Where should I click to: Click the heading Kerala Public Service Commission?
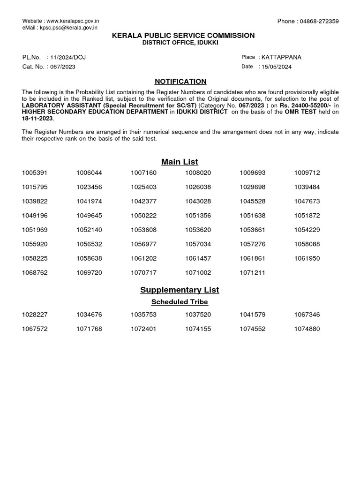[180, 36]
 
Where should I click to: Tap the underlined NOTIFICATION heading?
[180, 82]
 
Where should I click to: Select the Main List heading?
[180, 162]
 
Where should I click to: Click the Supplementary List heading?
[180, 290]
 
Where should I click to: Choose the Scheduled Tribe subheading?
[180, 302]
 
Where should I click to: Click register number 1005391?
[35, 173]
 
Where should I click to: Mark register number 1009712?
[307, 173]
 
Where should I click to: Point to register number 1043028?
[198, 201]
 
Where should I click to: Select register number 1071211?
[252, 272]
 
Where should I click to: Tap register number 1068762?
[35, 272]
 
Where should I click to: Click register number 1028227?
[35, 315]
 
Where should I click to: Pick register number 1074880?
[307, 329]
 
